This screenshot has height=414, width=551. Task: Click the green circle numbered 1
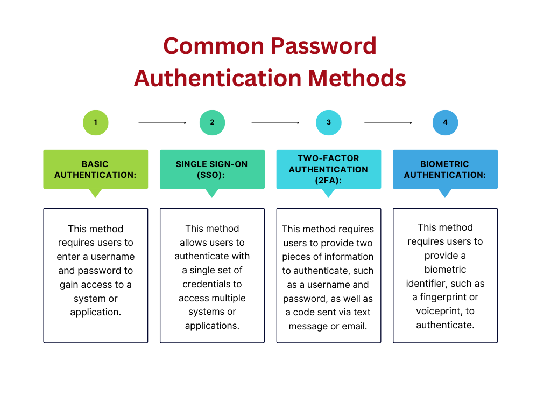click(x=96, y=122)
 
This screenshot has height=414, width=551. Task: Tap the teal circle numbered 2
click(x=212, y=122)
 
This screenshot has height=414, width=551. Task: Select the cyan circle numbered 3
click(x=329, y=122)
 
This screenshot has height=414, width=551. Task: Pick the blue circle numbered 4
click(x=445, y=122)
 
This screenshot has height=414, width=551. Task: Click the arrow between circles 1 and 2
click(x=163, y=123)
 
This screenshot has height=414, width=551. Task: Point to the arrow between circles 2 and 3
click(x=275, y=123)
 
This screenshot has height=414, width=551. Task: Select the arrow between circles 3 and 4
click(x=388, y=123)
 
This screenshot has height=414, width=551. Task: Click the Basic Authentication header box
click(x=96, y=169)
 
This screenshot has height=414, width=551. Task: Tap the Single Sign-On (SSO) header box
click(x=212, y=169)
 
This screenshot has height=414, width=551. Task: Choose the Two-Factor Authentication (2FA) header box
click(x=329, y=169)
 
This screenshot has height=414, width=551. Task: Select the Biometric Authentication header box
click(x=445, y=169)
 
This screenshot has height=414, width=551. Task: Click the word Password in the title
click(x=323, y=46)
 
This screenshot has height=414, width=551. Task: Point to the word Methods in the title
click(x=357, y=78)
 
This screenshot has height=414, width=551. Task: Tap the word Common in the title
click(x=214, y=46)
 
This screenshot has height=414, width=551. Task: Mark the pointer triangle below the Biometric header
click(x=445, y=193)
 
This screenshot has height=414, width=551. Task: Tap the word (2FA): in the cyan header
click(x=329, y=181)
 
